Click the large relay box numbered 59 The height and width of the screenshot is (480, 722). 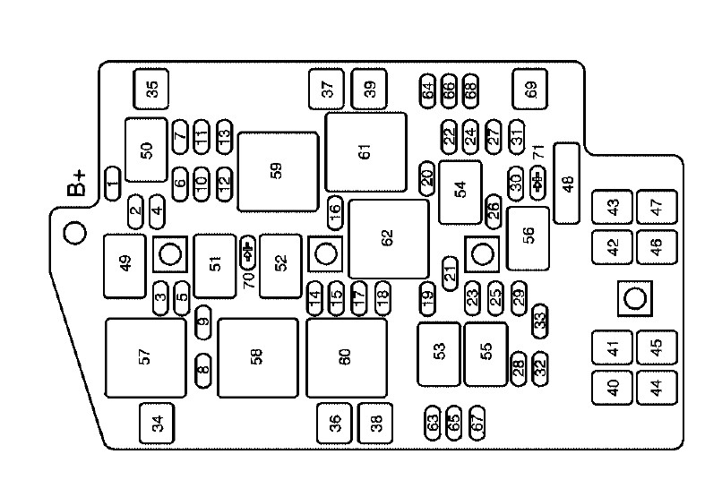click(278, 171)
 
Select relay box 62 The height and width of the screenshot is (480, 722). click(387, 238)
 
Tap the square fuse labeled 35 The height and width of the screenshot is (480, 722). click(150, 89)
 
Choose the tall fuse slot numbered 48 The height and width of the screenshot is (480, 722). click(568, 183)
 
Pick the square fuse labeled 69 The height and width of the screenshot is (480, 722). click(530, 89)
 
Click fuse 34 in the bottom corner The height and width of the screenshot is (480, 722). click(158, 424)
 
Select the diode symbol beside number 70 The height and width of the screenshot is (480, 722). click(248, 253)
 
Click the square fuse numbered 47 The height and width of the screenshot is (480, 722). click(657, 207)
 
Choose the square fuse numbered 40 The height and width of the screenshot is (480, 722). click(614, 389)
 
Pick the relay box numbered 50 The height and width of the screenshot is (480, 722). click(146, 150)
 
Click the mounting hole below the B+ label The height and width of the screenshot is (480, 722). click(75, 233)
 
